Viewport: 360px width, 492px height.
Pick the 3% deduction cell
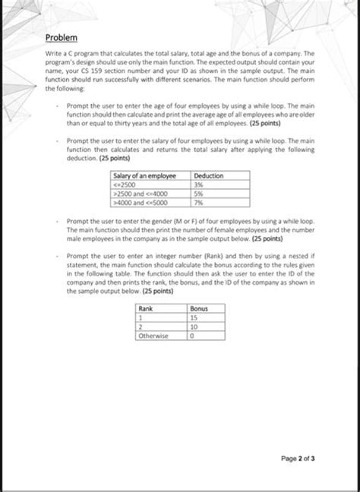[x=199, y=184]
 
